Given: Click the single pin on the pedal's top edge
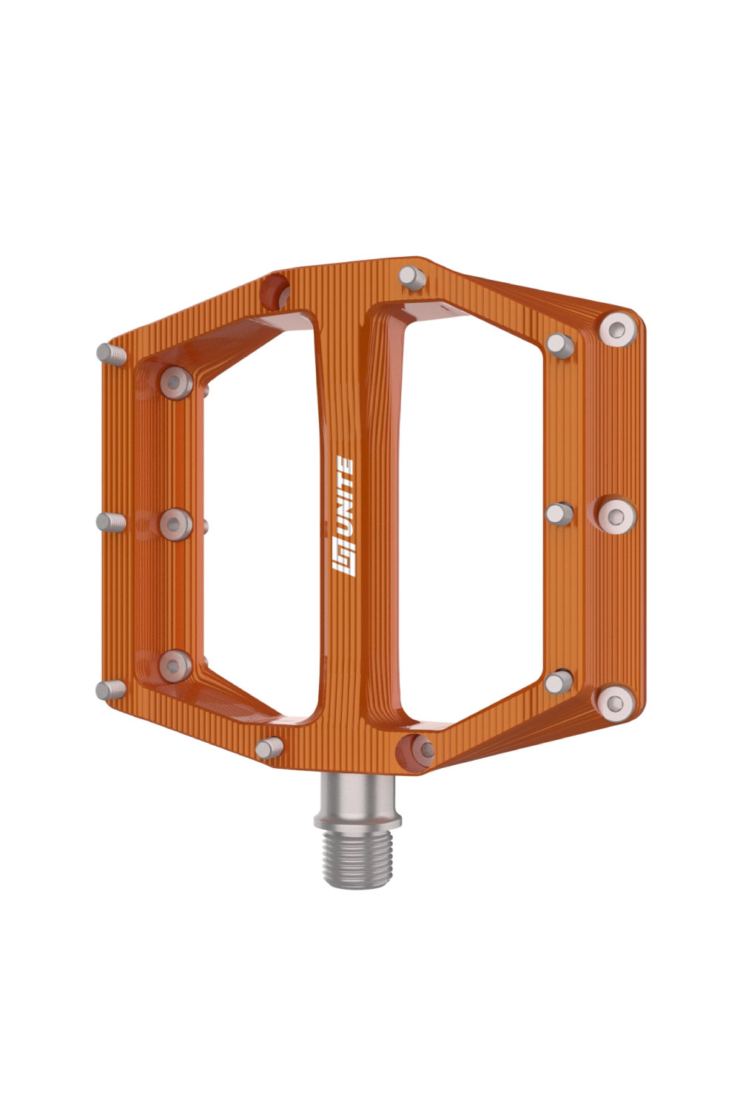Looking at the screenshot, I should (x=411, y=278).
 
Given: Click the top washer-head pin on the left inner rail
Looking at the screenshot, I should (x=175, y=382).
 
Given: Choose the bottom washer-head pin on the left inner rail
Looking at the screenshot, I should (x=175, y=662).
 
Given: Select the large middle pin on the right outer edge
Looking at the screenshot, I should (x=616, y=513).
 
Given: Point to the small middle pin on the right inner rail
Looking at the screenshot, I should (x=559, y=513).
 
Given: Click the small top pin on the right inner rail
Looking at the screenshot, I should (x=559, y=344).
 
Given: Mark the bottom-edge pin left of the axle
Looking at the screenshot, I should (x=269, y=747).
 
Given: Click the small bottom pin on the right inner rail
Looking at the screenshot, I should (x=560, y=681).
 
